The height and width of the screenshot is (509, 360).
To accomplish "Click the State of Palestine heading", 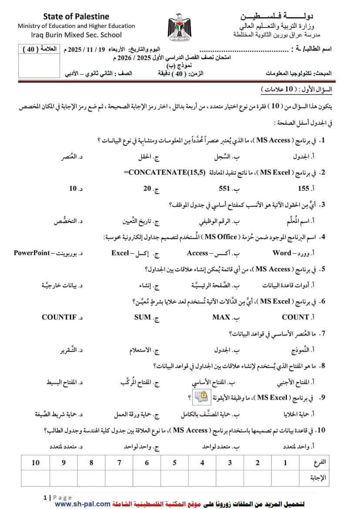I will coord(76,17).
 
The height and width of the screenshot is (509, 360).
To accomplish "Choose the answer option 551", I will coord(224,189).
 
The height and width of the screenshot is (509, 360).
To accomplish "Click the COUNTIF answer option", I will coord(59,317).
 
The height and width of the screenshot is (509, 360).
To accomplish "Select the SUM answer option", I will coord(143,317).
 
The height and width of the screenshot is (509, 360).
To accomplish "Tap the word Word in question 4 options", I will coord(282,253).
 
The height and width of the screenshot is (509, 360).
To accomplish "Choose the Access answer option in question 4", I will coord(198,253).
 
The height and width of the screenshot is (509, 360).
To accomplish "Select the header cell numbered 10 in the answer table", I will coord(35,462).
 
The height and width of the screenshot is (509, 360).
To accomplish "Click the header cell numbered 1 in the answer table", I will coord(286,462).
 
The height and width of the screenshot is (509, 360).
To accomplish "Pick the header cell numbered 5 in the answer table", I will coord(175,462).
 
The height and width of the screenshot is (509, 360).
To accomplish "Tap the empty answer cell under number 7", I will coord(119,478).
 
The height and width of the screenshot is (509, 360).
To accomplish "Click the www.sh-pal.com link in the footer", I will coord(83,504).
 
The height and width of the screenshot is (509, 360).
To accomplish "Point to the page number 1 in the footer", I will coord(45,497).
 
